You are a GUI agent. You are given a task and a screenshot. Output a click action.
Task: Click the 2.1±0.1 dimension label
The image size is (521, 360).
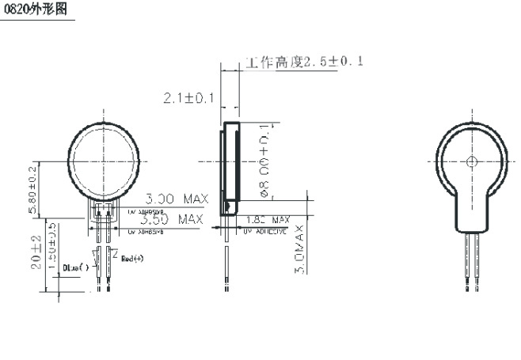pyautogui.click(x=188, y=98)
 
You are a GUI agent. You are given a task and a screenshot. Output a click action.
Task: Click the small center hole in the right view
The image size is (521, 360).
pyautogui.click(x=473, y=162)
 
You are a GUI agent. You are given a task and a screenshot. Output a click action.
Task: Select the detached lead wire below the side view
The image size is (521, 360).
pyautogui.click(x=226, y=270)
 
